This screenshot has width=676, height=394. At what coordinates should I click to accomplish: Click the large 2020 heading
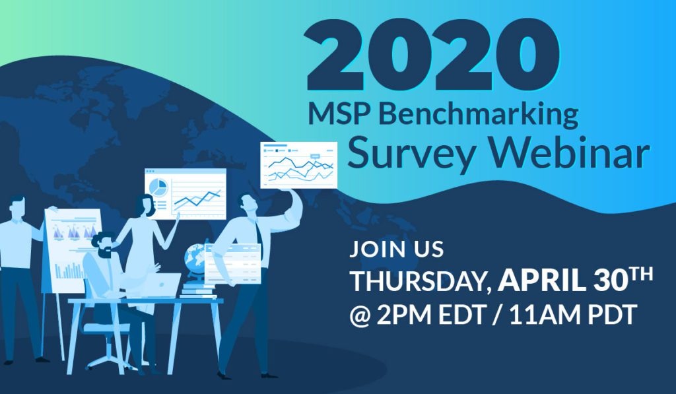pyautogui.click(x=433, y=55)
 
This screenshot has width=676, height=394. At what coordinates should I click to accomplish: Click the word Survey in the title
pyautogui.click(x=411, y=153)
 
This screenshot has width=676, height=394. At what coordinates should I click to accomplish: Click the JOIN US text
pyautogui.click(x=396, y=249)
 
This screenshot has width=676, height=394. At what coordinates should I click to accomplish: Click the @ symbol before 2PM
pyautogui.click(x=360, y=316)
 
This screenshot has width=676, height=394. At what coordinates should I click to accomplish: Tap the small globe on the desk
pyautogui.click(x=195, y=257)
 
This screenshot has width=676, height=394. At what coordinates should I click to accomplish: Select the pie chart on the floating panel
pyautogui.click(x=158, y=188)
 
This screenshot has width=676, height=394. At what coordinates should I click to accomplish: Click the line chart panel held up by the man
pyautogui.click(x=299, y=165)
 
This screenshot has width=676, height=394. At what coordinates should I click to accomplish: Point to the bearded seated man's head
pyautogui.click(x=103, y=245)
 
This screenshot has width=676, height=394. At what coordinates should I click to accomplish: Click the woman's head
pyautogui.click(x=145, y=206)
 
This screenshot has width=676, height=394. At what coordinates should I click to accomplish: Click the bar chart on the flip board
pyautogui.click(x=69, y=271)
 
